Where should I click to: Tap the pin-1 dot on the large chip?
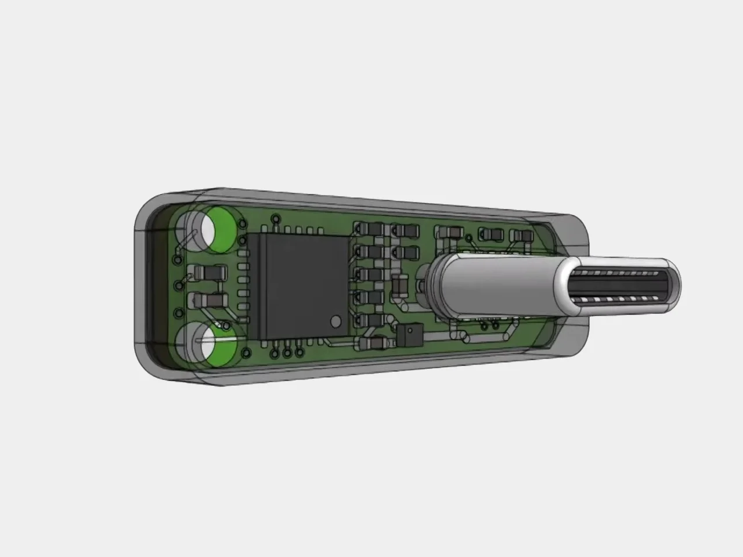(336, 320)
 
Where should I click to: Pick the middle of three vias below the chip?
(287, 352)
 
